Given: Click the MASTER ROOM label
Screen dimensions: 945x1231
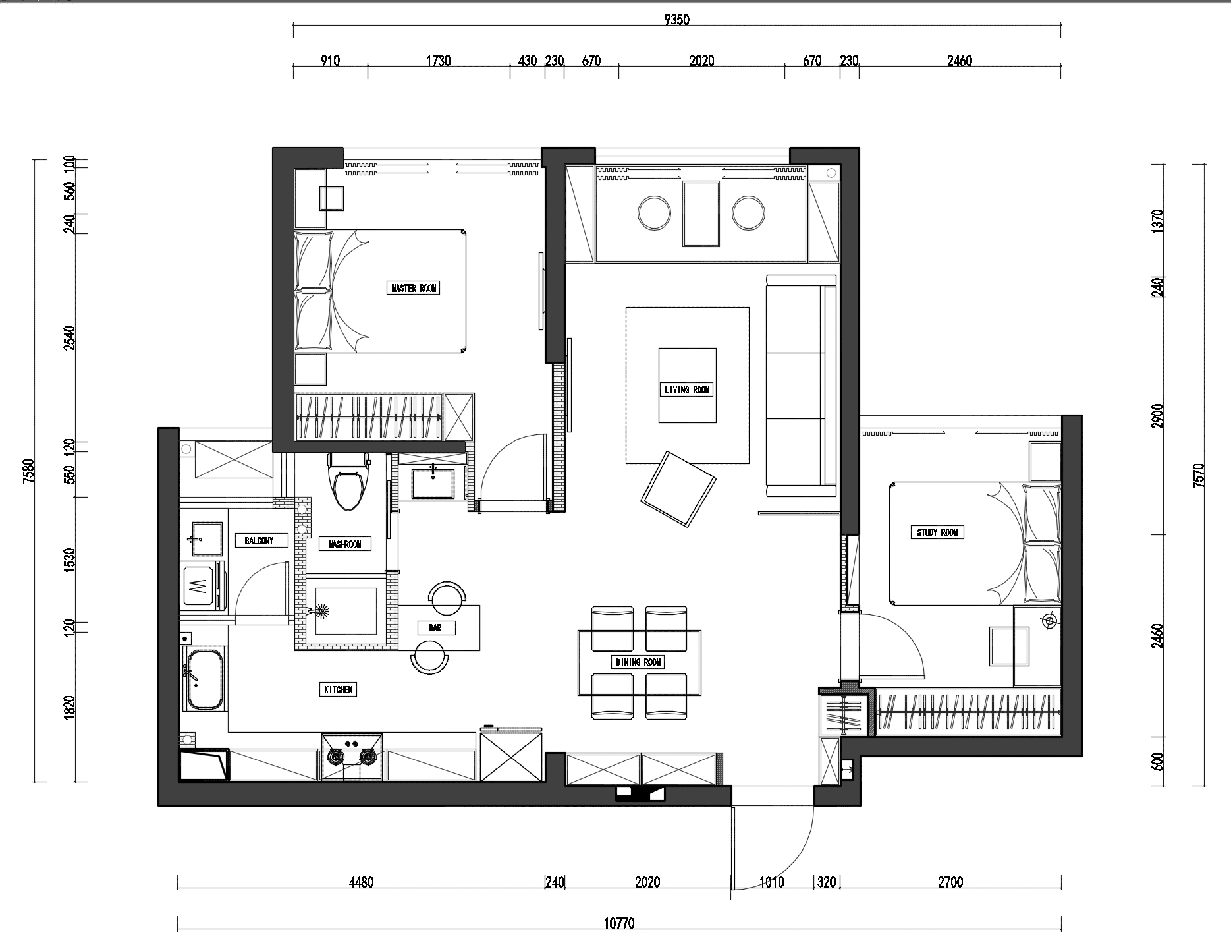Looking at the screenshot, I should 413,288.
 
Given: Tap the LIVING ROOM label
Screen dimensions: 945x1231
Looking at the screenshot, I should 687,390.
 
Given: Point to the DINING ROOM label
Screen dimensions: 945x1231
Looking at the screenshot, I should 638,662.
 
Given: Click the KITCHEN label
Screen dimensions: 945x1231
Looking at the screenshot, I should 339,690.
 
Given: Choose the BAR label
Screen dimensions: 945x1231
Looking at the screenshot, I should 435,628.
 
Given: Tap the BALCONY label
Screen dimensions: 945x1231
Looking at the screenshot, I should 258,541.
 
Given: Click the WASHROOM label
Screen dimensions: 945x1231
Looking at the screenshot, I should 344,544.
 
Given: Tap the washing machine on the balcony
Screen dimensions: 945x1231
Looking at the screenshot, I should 203,585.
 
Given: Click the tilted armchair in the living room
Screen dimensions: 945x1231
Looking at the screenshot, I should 678,488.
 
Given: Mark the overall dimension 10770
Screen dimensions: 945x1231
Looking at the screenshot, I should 619,924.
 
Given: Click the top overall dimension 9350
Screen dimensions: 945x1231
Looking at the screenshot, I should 676,20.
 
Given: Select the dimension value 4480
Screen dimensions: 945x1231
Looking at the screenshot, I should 361,882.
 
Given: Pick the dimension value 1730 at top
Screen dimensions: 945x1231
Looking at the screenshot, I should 439,61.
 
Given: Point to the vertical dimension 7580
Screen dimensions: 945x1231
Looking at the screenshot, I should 27,471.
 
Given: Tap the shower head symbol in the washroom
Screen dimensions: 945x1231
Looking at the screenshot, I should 321,612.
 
